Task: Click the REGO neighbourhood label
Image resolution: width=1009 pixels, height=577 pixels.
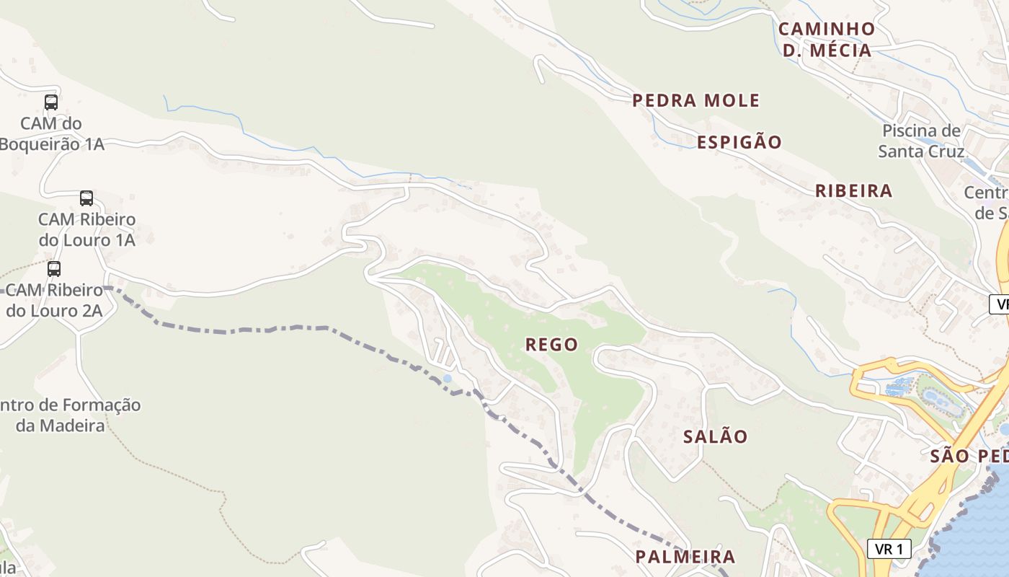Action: [551, 345]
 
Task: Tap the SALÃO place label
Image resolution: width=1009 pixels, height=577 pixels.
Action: [715, 436]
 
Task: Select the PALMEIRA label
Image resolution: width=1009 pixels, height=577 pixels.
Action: [685, 557]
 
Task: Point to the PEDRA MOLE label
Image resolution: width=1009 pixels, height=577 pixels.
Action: [695, 100]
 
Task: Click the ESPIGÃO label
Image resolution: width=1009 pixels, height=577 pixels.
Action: [739, 142]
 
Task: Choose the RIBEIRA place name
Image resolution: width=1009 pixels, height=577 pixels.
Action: [853, 191]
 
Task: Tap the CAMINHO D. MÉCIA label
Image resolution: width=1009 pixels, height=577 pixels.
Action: [827, 40]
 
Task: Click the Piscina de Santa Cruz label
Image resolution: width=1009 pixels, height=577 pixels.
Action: [921, 141]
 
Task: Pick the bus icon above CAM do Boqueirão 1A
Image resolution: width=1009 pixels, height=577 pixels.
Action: [51, 102]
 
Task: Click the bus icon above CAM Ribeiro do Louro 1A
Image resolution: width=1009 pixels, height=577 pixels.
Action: [86, 198]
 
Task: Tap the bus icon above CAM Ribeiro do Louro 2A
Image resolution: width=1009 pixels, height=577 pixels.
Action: [54, 269]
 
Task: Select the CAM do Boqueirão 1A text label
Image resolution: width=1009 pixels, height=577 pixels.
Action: [52, 134]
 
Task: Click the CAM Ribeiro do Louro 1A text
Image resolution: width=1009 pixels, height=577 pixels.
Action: [86, 229]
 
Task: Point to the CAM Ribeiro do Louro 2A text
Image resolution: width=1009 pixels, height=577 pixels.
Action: [55, 301]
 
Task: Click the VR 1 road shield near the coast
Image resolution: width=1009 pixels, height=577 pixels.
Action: [889, 549]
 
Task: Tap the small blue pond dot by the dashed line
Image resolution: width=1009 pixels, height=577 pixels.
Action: [448, 379]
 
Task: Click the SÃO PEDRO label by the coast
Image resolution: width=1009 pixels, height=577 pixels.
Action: [968, 456]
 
